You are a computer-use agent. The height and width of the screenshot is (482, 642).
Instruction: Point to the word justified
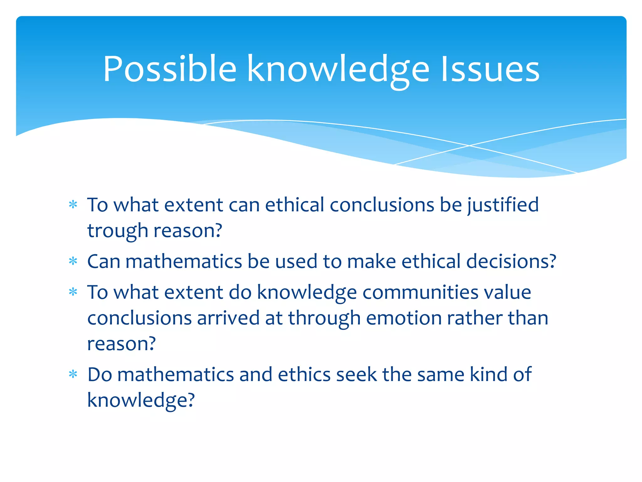pyautogui.click(x=503, y=206)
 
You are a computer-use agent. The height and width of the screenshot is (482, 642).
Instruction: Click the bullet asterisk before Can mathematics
pyautogui.click(x=73, y=261)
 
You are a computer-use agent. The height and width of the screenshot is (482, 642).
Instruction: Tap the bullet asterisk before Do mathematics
pyautogui.click(x=73, y=374)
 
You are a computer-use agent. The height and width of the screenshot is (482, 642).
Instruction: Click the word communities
pyautogui.click(x=420, y=292)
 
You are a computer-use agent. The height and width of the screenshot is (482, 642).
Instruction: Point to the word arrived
pyautogui.click(x=228, y=318)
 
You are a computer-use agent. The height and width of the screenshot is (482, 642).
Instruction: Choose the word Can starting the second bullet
pyautogui.click(x=103, y=261)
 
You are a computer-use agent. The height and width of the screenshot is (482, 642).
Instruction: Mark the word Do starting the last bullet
pyautogui.click(x=99, y=374)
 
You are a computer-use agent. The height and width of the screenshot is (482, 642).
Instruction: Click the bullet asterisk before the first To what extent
pyautogui.click(x=73, y=205)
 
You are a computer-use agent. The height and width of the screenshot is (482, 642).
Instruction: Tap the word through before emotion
pyautogui.click(x=324, y=319)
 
